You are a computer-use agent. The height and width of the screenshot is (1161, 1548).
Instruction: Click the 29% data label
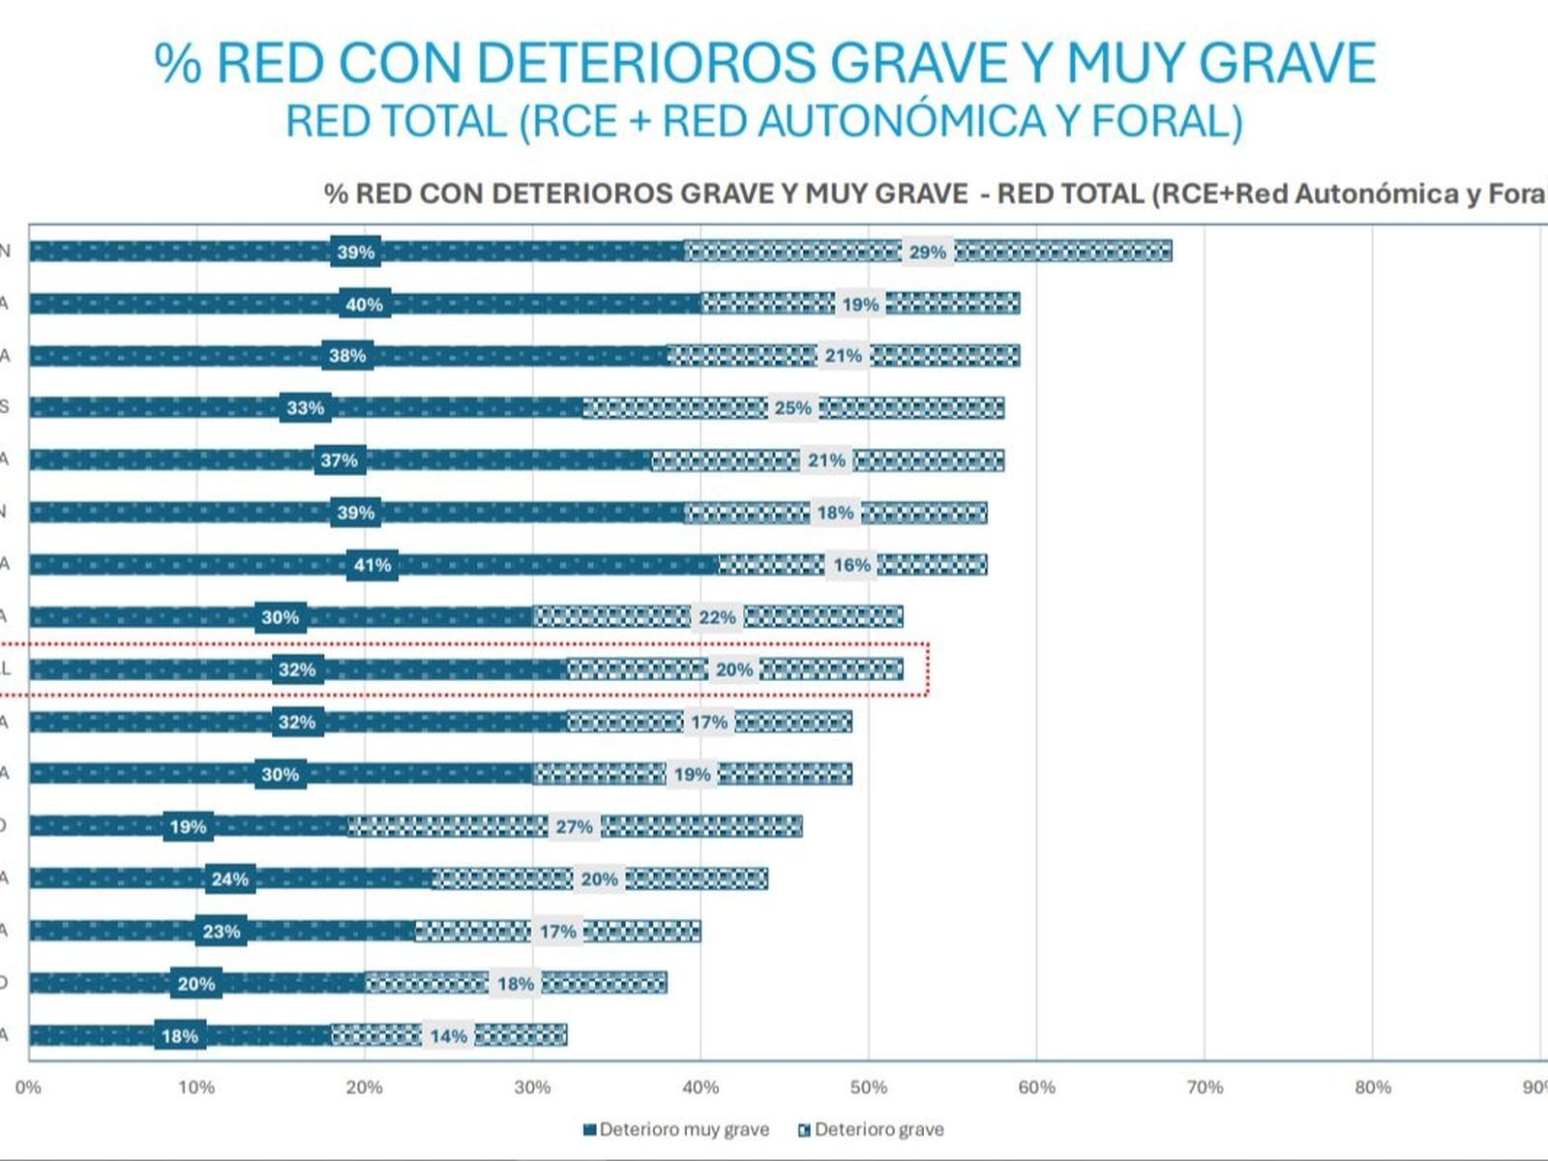pos(927,253)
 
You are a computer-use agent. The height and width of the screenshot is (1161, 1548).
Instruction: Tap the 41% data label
pos(372,565)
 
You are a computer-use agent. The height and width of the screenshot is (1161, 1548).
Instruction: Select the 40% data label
pos(364,305)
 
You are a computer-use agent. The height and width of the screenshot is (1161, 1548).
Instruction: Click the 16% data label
pos(851,565)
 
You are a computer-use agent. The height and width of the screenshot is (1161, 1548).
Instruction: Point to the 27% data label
pos(574,827)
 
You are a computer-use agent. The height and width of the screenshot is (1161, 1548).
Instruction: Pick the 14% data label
pos(448,1036)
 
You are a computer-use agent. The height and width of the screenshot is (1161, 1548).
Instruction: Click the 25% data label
pos(792,408)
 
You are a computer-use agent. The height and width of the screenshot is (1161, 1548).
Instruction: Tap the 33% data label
pos(305,408)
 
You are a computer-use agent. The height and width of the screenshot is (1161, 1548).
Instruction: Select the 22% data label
pos(717,617)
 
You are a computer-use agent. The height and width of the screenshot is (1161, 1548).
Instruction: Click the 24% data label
pos(229,879)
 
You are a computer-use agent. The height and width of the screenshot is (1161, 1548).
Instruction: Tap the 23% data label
pos(221,932)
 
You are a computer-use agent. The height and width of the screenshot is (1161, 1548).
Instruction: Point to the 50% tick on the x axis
pos(868,1087)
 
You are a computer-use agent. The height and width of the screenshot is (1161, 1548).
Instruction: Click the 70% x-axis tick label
pos(1204,1087)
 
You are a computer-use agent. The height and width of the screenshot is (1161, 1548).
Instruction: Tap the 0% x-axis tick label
pos(28,1087)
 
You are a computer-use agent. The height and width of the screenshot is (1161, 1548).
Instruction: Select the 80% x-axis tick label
pos(1372,1087)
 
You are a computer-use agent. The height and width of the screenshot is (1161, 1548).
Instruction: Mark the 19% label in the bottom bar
pos(188,827)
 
